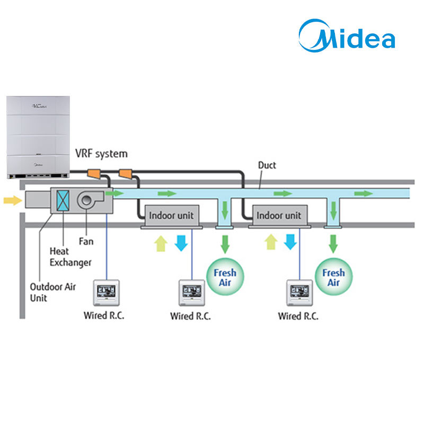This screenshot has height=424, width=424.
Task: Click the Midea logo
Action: tap(347, 36)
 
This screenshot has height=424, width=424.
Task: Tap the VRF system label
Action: tap(101, 154)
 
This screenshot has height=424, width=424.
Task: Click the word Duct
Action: tap(267, 165)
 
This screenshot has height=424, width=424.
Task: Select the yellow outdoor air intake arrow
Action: tap(13, 200)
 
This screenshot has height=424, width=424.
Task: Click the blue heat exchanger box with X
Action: tap(63, 200)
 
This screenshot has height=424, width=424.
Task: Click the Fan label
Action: tap(86, 241)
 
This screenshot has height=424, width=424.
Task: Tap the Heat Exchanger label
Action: tap(70, 257)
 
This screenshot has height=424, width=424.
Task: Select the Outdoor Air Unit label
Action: tap(52, 293)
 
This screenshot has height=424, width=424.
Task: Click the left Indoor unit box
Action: tap(172, 216)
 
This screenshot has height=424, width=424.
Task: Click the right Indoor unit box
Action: tap(280, 216)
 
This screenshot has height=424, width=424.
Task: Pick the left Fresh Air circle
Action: tap(225, 277)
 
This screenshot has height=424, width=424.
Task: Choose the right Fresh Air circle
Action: tap(334, 277)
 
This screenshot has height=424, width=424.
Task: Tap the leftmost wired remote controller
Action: tap(107, 293)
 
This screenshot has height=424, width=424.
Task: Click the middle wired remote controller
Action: tap(192, 293)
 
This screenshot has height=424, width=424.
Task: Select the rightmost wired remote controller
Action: tap(299, 293)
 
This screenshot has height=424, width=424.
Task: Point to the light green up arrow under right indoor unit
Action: tap(271, 242)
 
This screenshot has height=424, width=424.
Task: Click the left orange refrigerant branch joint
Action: tap(94, 174)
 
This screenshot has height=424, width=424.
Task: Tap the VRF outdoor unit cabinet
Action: tap(38, 137)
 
